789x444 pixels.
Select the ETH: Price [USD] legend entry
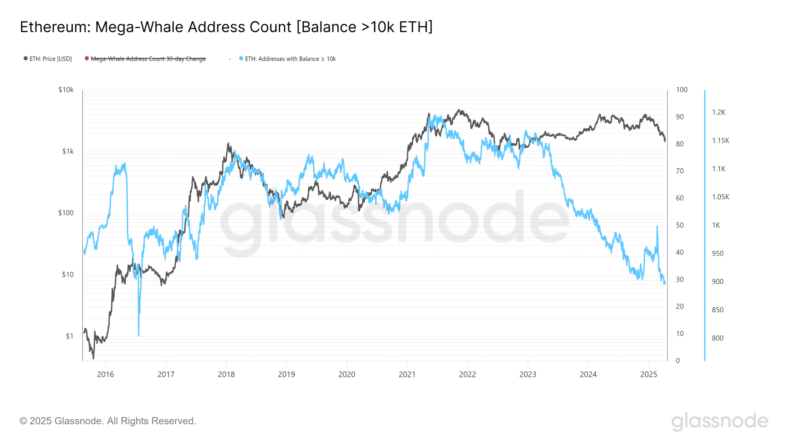pos(50,59)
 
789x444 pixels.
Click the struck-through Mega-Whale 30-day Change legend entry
pos(148,59)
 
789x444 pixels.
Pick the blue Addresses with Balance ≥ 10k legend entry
pos(290,59)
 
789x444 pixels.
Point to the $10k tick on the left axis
pos(66,90)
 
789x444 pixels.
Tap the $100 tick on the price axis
pos(66,213)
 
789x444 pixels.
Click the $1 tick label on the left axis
pos(69,336)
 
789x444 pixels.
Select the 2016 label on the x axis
pos(105,374)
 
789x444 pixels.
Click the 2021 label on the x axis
pos(407,374)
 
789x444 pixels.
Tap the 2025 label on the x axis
pos(648,374)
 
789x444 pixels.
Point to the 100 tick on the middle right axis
pos(681,90)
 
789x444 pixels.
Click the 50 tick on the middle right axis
pos(680,225)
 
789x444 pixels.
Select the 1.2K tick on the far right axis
pos(718,112)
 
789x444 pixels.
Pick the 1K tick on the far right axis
pos(716,225)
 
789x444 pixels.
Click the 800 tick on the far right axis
pos(717,338)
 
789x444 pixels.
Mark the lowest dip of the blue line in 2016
pos(138,335)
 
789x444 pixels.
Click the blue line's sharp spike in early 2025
pos(657,227)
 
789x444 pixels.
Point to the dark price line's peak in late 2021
pos(459,110)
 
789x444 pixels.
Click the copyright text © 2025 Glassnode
pos(108,421)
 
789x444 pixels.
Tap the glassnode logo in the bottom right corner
pos(720,421)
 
